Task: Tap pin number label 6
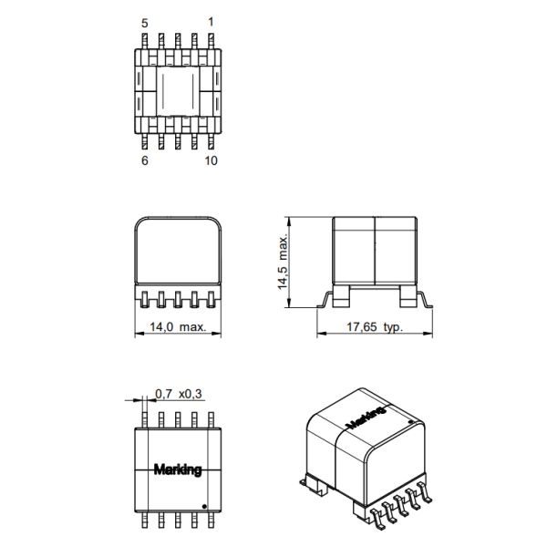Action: click(x=145, y=161)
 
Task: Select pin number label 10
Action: click(x=212, y=161)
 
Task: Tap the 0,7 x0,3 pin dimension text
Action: click(x=177, y=394)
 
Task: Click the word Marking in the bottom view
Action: click(x=178, y=470)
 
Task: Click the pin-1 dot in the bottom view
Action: click(x=204, y=505)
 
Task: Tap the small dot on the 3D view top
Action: click(x=410, y=422)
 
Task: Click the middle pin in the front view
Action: click(x=178, y=299)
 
